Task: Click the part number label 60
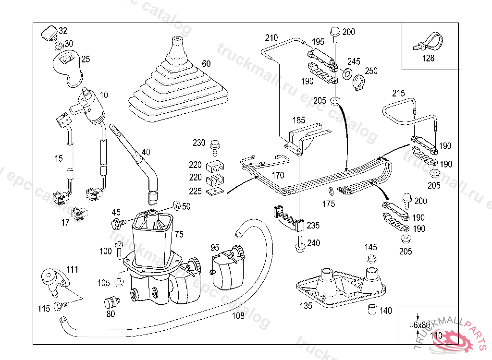click(206, 64)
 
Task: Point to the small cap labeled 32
click(49, 34)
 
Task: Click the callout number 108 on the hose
click(238, 316)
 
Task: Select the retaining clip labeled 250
click(358, 82)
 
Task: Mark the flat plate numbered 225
click(215, 192)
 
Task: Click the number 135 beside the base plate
click(306, 306)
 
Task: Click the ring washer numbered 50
click(176, 205)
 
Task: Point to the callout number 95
click(215, 248)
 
